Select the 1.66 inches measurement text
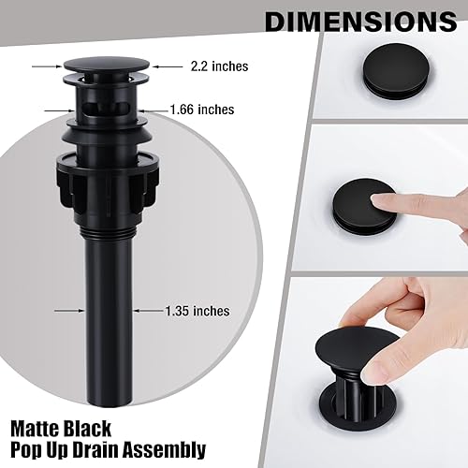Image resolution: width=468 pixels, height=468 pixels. (x=201, y=110)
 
